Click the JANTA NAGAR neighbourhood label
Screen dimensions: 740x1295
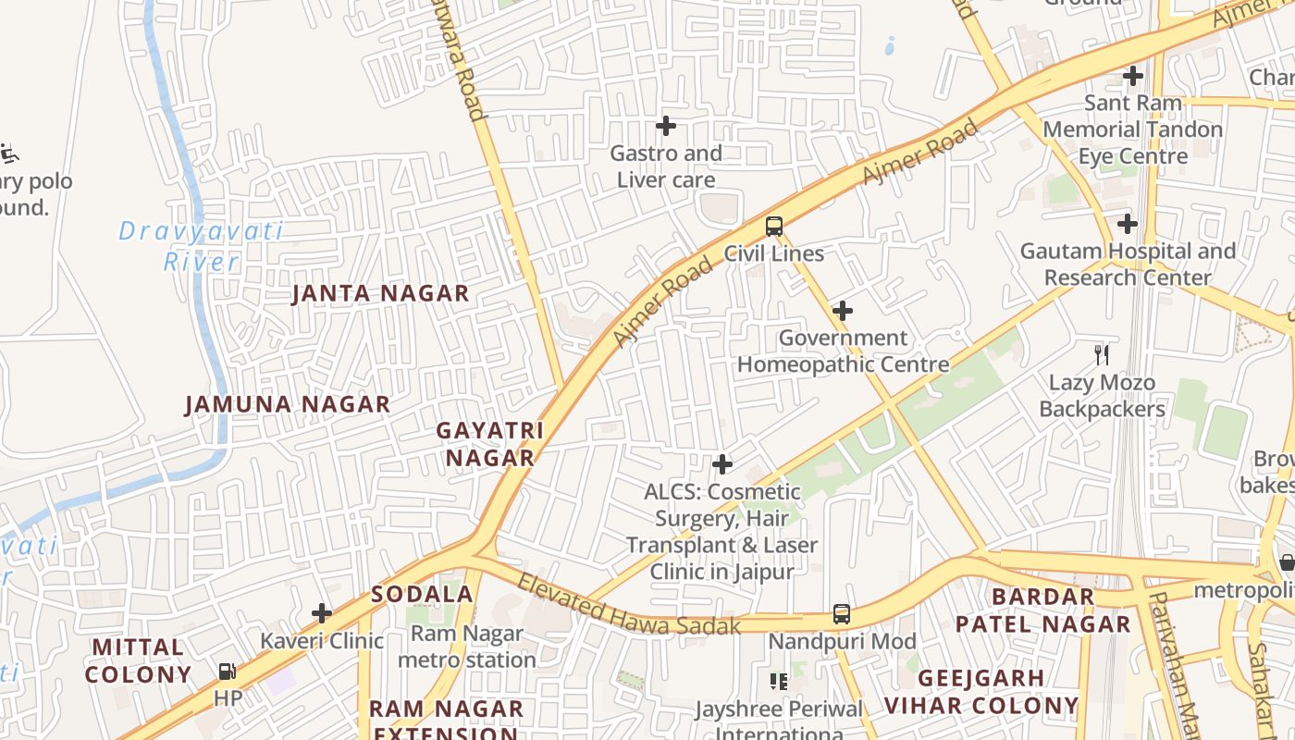[381, 294]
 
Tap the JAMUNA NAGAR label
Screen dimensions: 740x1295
[288, 405]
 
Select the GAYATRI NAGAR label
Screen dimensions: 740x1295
[489, 444]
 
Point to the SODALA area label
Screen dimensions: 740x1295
[422, 595]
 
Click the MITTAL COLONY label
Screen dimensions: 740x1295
[138, 660]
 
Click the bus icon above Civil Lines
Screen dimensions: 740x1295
[774, 226]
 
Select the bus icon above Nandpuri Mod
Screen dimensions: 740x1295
[842, 613]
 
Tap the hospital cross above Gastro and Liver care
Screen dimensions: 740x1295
[666, 126]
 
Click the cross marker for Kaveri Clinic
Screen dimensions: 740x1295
[322, 613]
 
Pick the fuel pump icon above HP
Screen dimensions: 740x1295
[228, 672]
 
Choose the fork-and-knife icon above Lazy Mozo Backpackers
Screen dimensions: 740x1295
[1102, 354]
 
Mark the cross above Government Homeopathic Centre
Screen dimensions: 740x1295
[843, 311]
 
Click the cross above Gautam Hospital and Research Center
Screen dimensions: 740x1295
[1128, 224]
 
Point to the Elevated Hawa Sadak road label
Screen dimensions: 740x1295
[629, 606]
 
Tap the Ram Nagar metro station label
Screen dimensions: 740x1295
[467, 647]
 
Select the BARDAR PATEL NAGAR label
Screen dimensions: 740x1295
[1042, 610]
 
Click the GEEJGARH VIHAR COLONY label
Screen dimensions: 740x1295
[981, 692]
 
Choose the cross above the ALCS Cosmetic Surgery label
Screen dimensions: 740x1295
[722, 464]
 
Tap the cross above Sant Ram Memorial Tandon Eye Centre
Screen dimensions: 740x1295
[1133, 76]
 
